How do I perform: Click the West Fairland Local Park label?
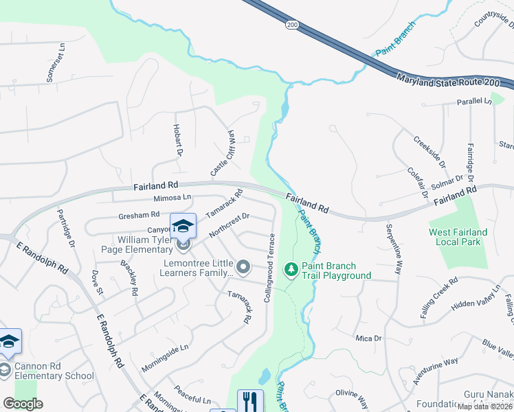click(x=458, y=238)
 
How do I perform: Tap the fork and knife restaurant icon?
click(x=250, y=400)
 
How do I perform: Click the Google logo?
click(x=23, y=404)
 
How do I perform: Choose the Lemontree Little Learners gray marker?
click(x=243, y=266)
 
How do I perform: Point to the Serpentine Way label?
click(x=394, y=249)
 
